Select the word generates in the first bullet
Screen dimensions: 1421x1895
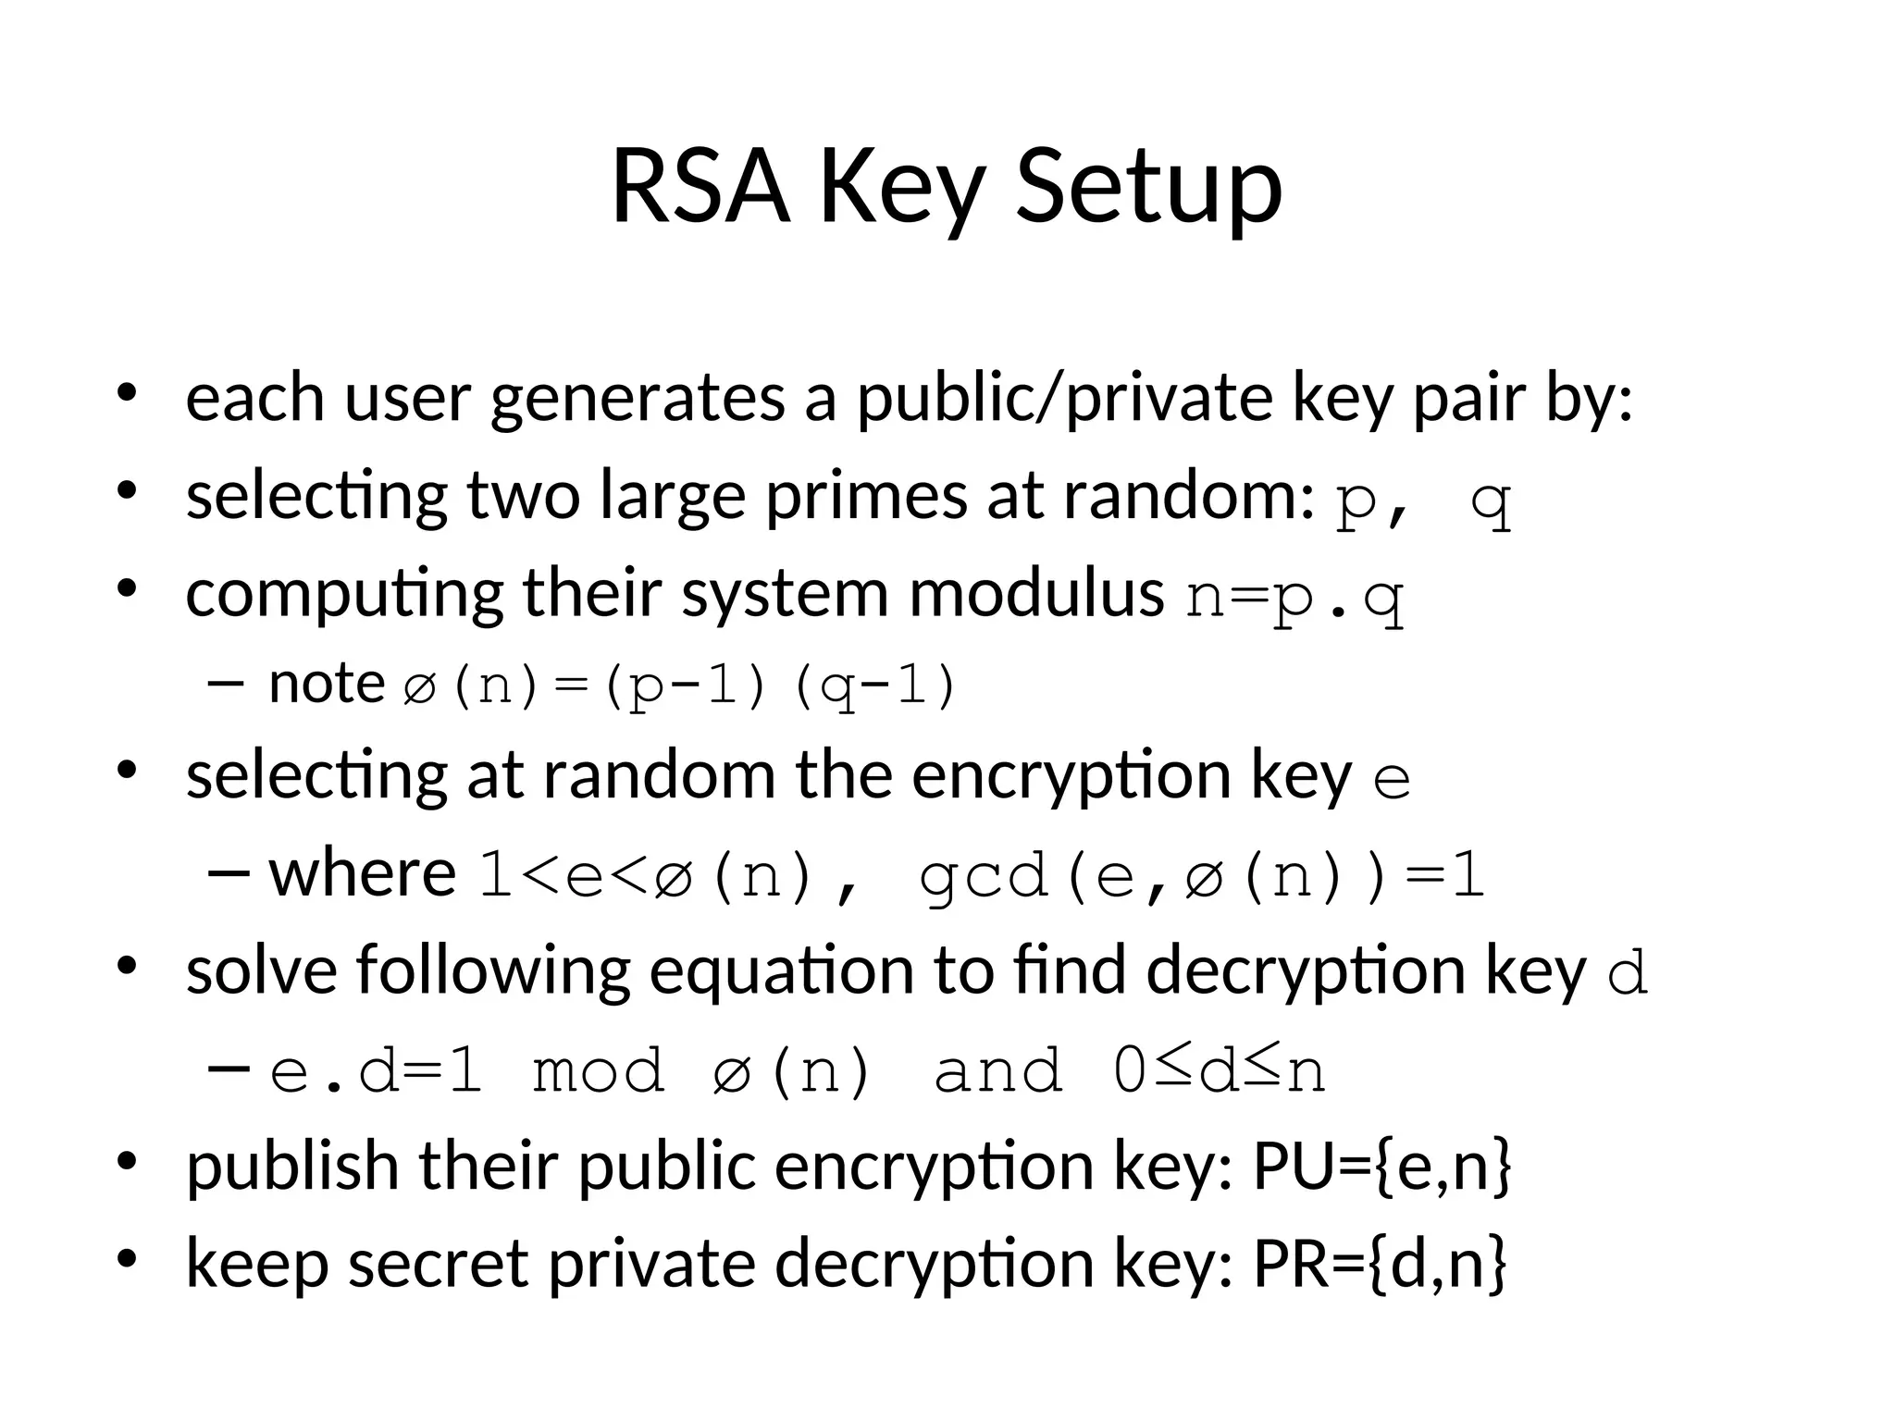638,399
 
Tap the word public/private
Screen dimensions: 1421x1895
1063,399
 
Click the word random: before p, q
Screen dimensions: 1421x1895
1188,496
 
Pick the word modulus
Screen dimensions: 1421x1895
1036,593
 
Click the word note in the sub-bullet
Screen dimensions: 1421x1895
327,685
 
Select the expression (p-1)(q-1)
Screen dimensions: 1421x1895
778,688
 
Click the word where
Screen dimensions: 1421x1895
363,873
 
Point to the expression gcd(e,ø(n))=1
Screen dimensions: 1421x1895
1202,877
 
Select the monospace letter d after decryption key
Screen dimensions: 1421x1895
1628,975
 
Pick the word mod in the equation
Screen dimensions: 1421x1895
598,1072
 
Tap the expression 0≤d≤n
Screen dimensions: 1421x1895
1219,1072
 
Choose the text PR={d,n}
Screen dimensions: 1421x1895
1380,1264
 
